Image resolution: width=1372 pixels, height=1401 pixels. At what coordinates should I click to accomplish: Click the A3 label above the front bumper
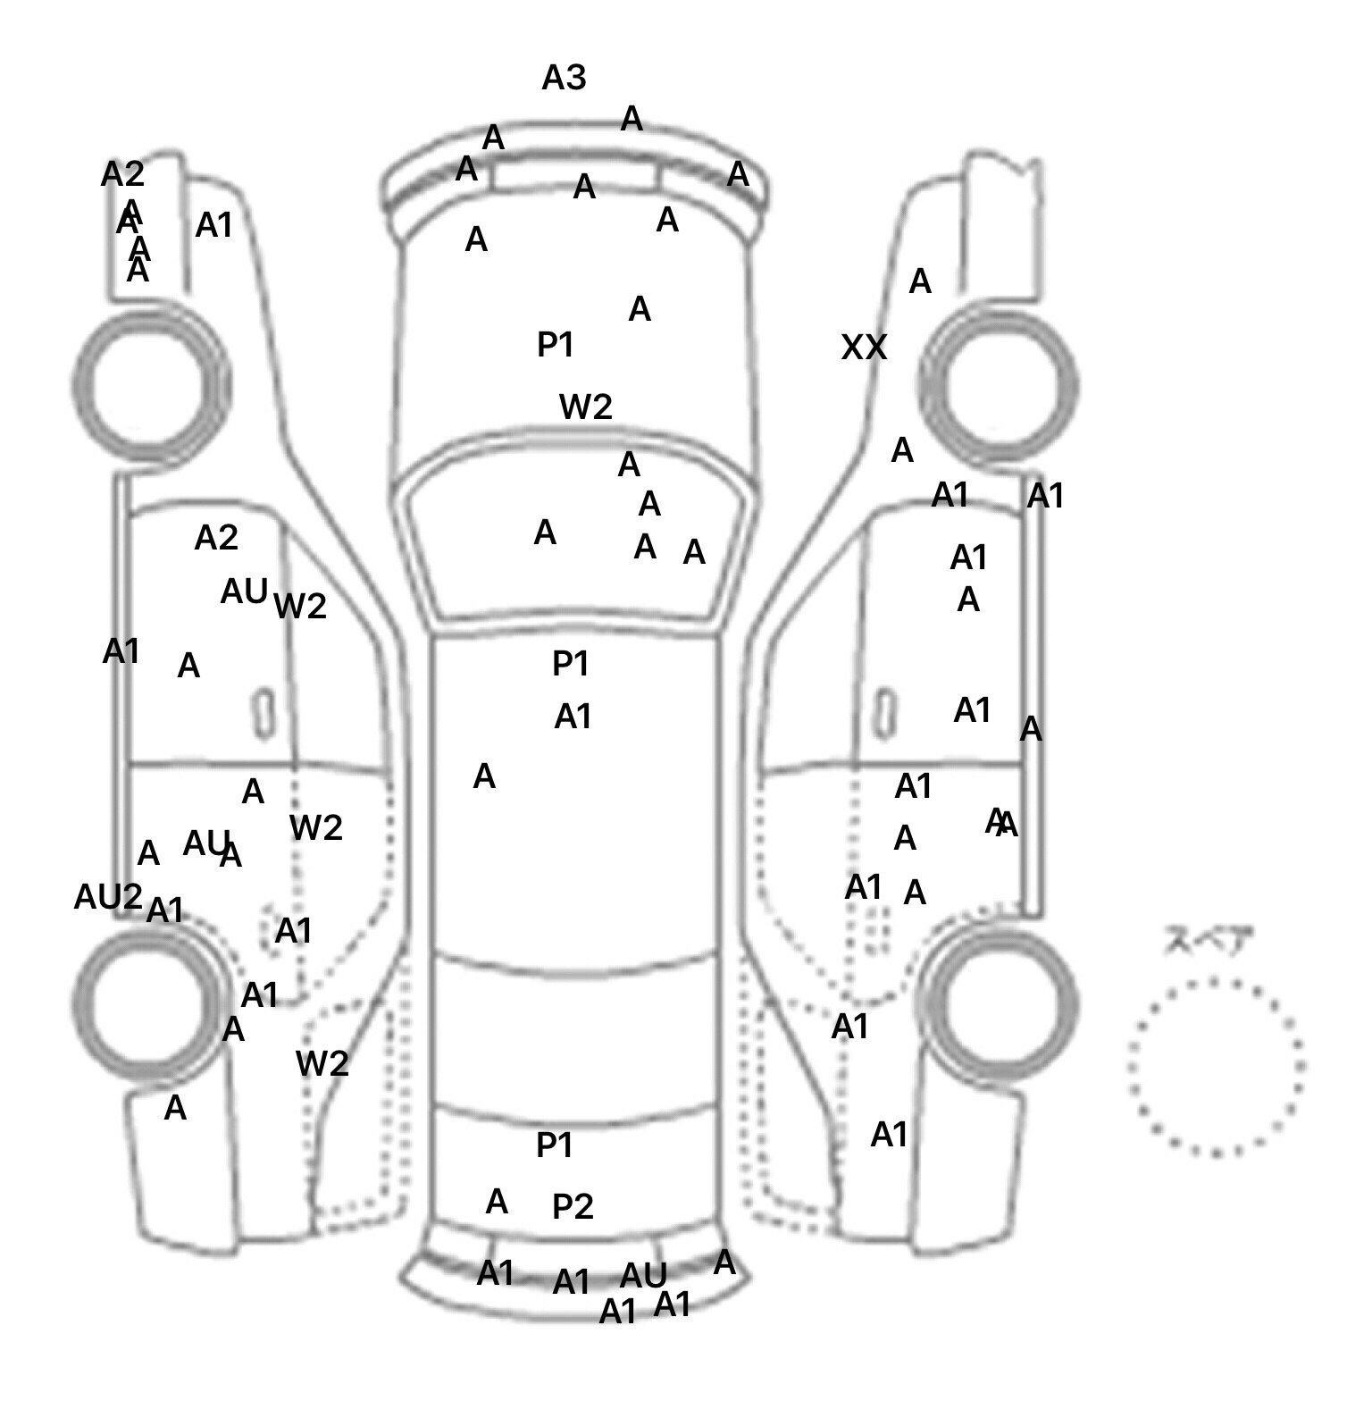pos(564,79)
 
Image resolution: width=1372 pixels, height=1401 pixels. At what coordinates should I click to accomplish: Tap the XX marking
pos(864,348)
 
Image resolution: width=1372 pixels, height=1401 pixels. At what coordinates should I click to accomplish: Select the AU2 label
pos(108,896)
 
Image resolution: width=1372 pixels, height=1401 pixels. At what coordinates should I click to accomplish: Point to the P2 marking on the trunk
pos(573,1207)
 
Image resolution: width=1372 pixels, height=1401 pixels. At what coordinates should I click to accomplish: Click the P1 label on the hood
pos(555,344)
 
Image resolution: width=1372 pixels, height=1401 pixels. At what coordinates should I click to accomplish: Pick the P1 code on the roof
pos(571,664)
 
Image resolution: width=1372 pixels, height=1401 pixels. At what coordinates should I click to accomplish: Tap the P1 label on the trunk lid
pos(554,1145)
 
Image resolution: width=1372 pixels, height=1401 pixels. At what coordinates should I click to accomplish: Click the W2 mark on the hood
pos(586,407)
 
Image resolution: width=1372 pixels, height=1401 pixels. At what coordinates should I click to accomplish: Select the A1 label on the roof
pos(573,717)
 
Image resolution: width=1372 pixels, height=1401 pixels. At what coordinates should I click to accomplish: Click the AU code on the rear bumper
pos(643,1275)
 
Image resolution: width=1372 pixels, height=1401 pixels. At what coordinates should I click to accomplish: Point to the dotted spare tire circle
pos(1216,1067)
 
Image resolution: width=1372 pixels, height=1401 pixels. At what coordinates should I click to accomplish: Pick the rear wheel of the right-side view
pos(998,1000)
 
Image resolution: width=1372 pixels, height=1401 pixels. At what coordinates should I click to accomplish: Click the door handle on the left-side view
pos(264,713)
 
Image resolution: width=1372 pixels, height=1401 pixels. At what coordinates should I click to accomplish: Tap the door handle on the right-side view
pos(883,713)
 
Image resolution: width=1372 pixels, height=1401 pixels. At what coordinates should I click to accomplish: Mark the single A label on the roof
pos(484,776)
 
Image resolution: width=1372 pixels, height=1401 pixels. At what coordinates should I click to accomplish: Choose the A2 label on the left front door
pos(216,538)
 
